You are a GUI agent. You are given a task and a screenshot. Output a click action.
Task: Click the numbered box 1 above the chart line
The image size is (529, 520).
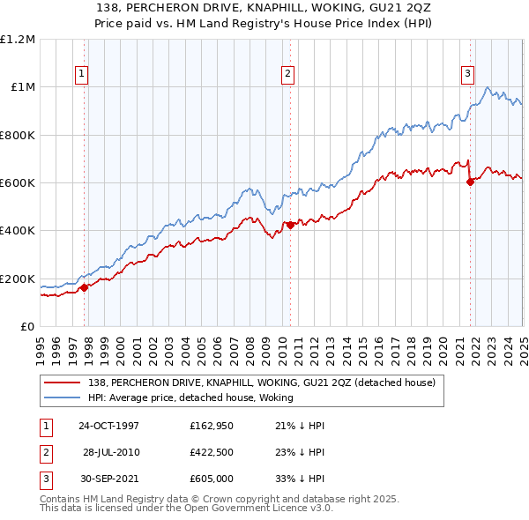81,75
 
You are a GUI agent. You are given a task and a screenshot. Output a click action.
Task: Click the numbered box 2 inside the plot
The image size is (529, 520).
287,75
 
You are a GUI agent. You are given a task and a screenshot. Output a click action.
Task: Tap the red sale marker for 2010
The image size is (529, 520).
290,225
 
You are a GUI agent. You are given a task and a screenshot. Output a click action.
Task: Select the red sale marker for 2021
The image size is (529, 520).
470,182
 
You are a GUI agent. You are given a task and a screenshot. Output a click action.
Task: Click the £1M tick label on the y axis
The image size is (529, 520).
21,87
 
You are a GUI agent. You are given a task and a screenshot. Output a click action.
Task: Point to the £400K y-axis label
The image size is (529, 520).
18,231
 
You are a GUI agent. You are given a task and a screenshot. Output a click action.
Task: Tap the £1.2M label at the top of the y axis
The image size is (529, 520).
18,40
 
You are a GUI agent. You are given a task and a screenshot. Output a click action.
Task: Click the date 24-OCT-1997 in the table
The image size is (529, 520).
109,426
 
